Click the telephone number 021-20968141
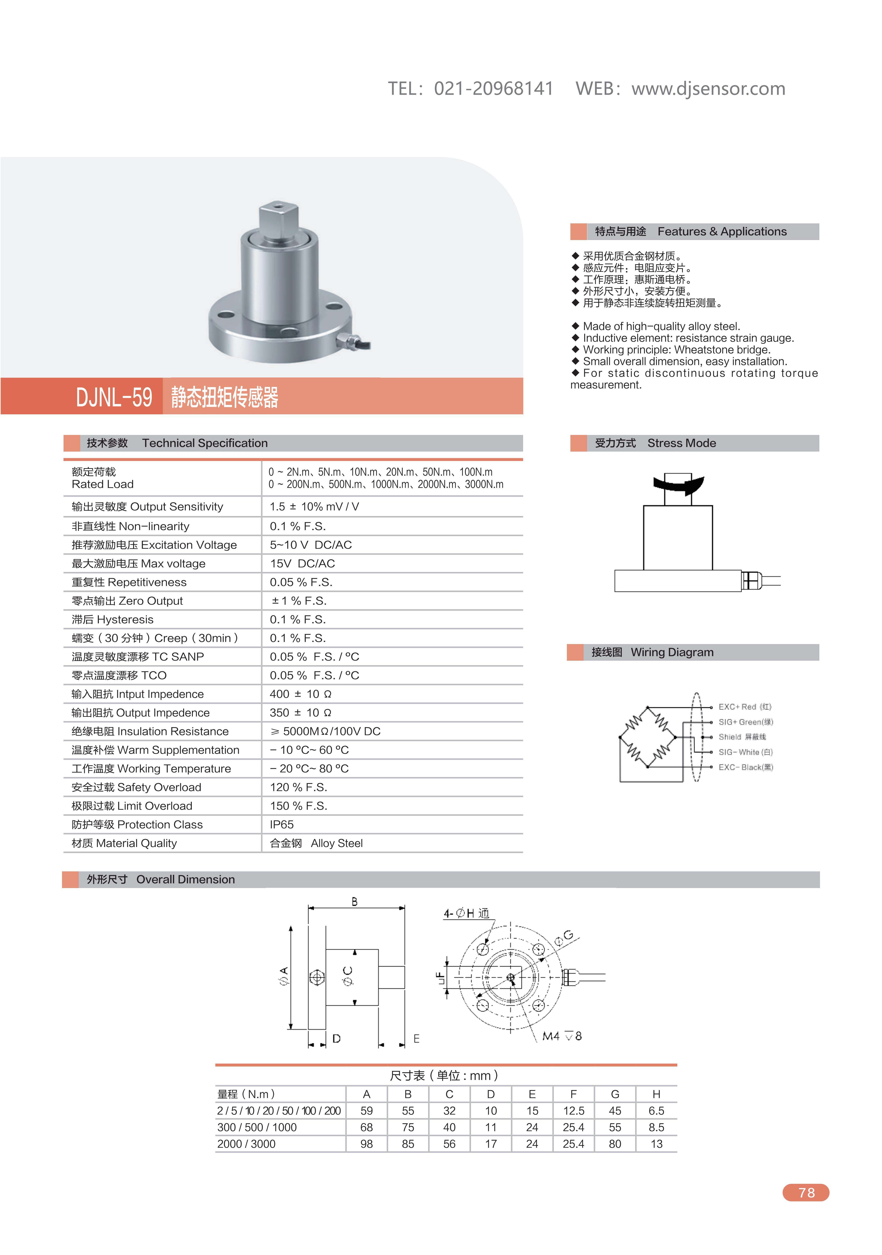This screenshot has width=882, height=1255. point(493,89)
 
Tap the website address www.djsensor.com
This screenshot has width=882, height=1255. point(708,89)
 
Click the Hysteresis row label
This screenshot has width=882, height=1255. point(113,619)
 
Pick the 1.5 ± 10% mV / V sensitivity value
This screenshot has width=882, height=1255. point(314,507)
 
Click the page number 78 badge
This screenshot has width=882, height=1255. point(806,1193)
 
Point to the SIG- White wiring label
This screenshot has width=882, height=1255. point(745,752)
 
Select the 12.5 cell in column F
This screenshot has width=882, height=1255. point(573,1111)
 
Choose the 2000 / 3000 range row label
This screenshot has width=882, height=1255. point(247,1144)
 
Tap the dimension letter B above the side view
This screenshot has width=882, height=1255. point(355,902)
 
